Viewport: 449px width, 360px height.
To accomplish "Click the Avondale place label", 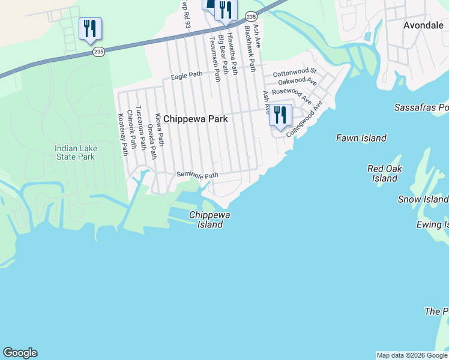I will pyautogui.click(x=423, y=25).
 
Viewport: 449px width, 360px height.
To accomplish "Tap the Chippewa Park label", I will pyautogui.click(x=196, y=119).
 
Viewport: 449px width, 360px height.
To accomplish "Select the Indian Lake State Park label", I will pyautogui.click(x=74, y=152).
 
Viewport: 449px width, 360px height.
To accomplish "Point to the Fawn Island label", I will pyautogui.click(x=361, y=139).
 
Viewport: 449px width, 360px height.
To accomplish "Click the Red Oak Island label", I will pyautogui.click(x=384, y=173).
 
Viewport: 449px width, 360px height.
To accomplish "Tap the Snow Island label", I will pyautogui.click(x=423, y=199).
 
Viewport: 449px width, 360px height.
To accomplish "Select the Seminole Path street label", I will pyautogui.click(x=197, y=174).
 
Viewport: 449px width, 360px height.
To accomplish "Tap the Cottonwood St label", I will pyautogui.click(x=294, y=73).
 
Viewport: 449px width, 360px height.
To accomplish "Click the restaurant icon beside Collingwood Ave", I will pyautogui.click(x=280, y=115).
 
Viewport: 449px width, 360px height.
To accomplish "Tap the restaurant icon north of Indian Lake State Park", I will pyautogui.click(x=90, y=28).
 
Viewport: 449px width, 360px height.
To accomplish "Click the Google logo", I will pyautogui.click(x=20, y=353).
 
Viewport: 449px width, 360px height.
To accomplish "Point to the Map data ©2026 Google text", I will pyautogui.click(x=412, y=355).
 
